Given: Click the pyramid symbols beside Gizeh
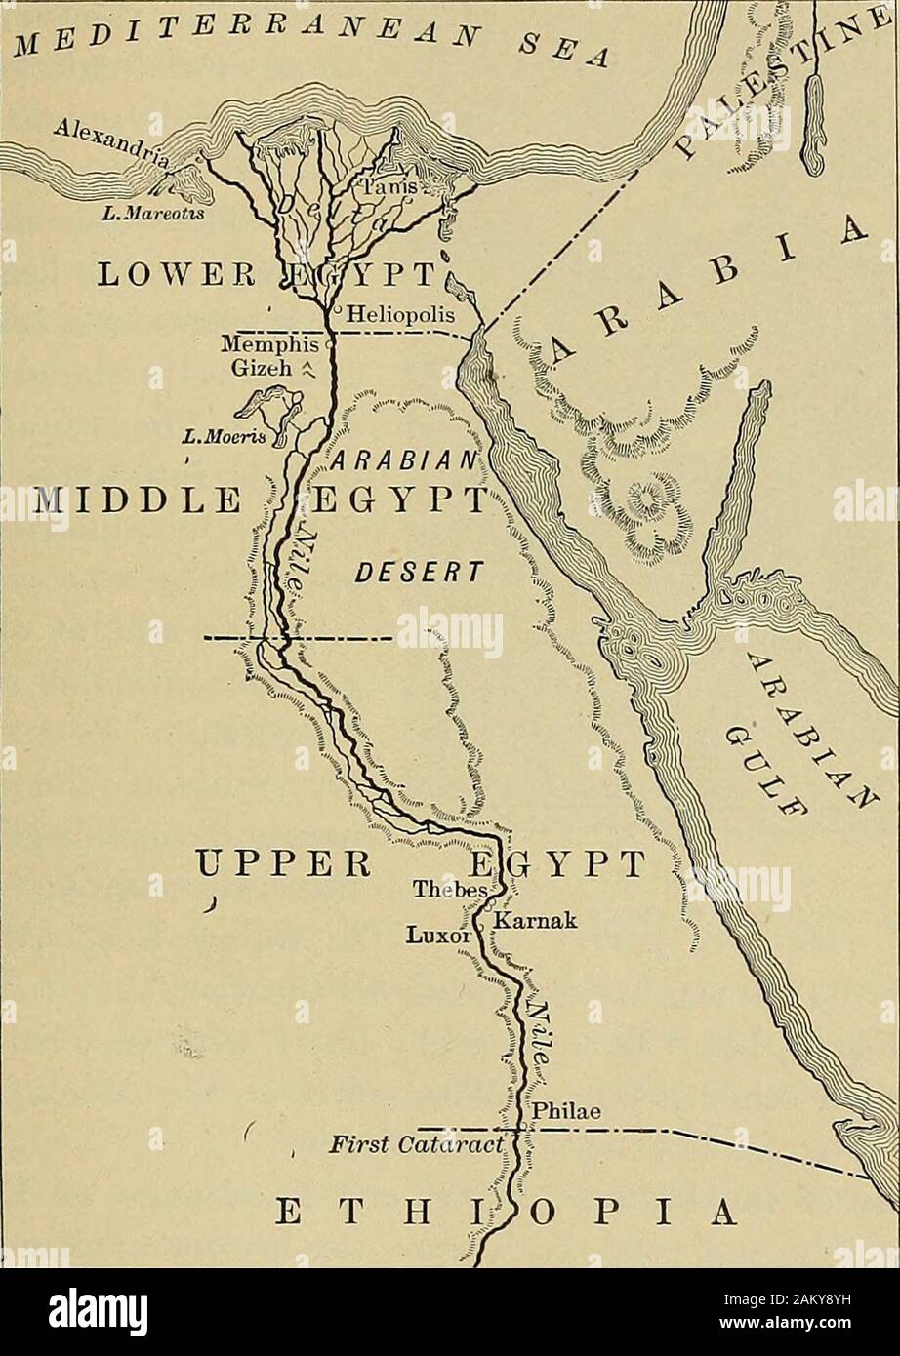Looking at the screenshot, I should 314,368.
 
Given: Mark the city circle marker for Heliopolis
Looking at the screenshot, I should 333,313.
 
